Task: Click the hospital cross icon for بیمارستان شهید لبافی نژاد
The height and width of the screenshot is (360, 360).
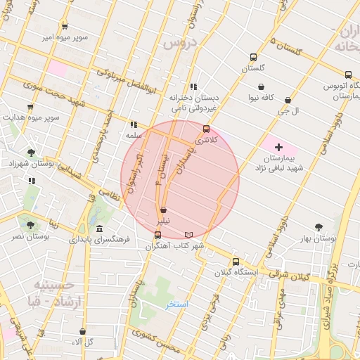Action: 279,148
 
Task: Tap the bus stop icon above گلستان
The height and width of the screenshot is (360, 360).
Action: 253,58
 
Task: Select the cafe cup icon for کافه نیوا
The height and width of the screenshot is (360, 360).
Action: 261,87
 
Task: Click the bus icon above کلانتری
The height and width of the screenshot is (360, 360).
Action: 206,129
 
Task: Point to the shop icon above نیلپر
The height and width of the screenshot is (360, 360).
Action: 163,210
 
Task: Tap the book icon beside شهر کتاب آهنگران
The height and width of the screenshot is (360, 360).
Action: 187,234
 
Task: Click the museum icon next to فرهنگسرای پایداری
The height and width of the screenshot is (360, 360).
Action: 99,229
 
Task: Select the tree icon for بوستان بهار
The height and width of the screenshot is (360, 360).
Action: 319,227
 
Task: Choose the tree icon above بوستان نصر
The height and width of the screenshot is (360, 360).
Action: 30,225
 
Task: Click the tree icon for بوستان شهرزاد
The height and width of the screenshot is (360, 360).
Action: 30,152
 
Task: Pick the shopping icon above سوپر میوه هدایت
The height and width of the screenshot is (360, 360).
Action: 30,108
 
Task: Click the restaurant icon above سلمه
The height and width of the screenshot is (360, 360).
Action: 134,124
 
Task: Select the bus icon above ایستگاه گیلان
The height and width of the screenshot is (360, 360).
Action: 236,260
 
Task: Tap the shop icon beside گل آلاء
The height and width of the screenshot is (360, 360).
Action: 82,331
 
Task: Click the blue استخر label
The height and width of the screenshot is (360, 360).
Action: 176,304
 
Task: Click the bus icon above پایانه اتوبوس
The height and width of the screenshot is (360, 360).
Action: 348,75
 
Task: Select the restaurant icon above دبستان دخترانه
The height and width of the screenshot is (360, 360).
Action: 193,86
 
